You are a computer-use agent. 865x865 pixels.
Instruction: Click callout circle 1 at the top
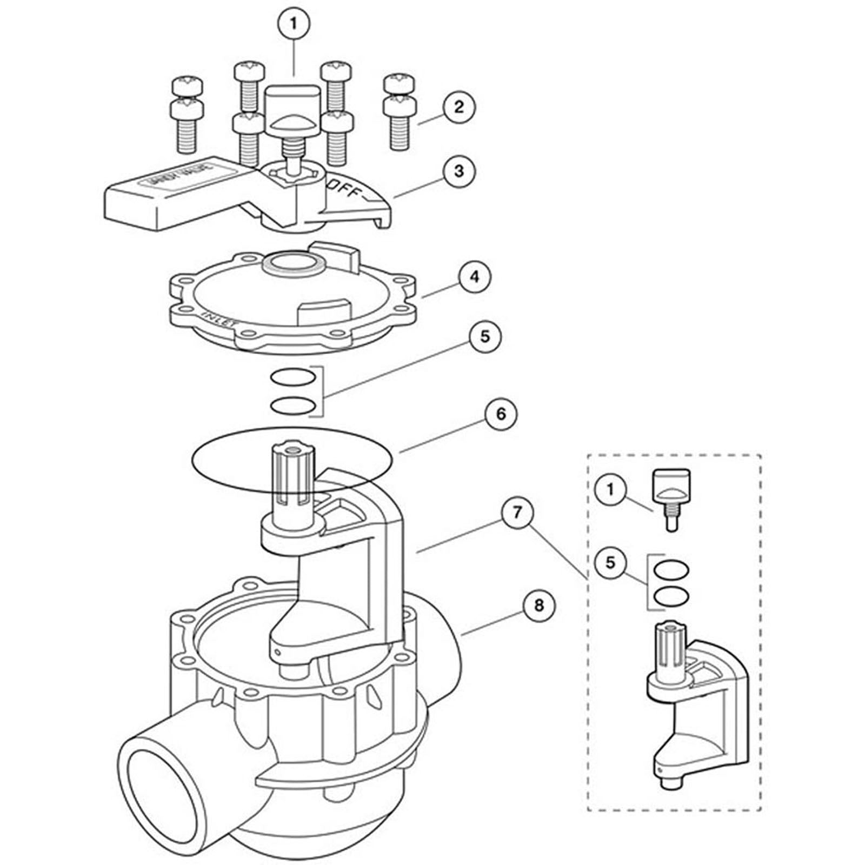tap(294, 23)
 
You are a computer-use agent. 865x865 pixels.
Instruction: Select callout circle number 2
tap(458, 107)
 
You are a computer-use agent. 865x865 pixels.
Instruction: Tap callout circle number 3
tap(458, 171)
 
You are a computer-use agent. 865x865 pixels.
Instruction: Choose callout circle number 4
tap(474, 277)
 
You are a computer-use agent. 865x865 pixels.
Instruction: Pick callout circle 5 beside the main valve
tap(485, 336)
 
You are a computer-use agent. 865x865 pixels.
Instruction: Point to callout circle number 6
tap(500, 414)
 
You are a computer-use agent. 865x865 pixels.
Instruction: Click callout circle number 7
tap(516, 512)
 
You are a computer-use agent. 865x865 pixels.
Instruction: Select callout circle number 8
tap(538, 605)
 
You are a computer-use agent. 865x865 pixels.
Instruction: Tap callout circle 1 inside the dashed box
tap(610, 489)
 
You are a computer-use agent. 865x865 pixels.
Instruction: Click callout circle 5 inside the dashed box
tap(610, 562)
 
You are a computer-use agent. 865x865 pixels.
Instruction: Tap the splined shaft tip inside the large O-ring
tap(292, 454)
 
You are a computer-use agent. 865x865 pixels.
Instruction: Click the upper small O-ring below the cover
tap(292, 377)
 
